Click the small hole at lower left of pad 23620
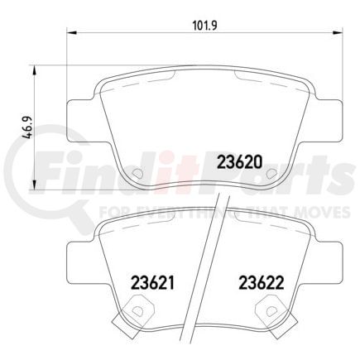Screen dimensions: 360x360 (x=138, y=174)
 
